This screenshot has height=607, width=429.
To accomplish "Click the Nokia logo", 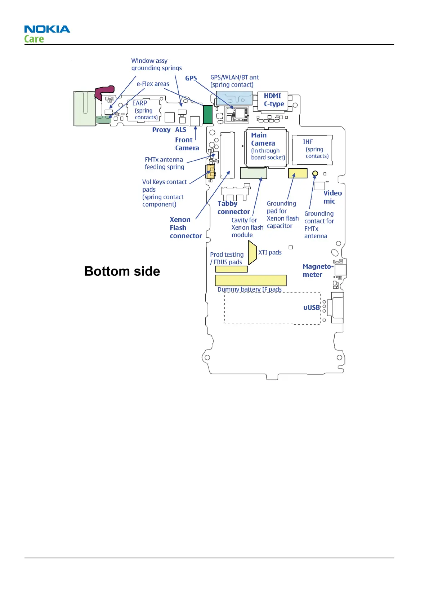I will (x=47, y=29).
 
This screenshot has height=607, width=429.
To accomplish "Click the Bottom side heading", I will (x=122, y=271).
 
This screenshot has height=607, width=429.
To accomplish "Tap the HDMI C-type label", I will (x=274, y=100).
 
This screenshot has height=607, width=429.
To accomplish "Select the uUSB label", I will (x=312, y=307).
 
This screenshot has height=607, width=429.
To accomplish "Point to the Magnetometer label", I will (x=318, y=270).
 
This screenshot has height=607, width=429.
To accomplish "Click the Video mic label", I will (x=332, y=197).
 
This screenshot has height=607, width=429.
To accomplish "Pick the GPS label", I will (x=191, y=78).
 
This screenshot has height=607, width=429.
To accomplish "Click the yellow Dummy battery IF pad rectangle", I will (x=250, y=280).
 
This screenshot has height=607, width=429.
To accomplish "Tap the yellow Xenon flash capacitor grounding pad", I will (x=298, y=173).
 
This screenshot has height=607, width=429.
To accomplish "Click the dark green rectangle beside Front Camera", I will (x=207, y=115).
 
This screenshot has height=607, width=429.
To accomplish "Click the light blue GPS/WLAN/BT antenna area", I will (x=234, y=98).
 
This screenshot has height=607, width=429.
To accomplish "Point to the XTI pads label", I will (x=270, y=252).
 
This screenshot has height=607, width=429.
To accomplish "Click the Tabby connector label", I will (x=233, y=208).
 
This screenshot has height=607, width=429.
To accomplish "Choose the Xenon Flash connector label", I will (x=186, y=228).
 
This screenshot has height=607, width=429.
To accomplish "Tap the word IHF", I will (x=308, y=142).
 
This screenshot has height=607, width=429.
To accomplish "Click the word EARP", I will (x=140, y=103).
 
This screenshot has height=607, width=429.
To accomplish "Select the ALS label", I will (x=181, y=130).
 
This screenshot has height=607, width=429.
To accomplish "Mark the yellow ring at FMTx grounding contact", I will (x=315, y=173).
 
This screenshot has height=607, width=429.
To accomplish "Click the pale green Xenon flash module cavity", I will (x=253, y=173).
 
